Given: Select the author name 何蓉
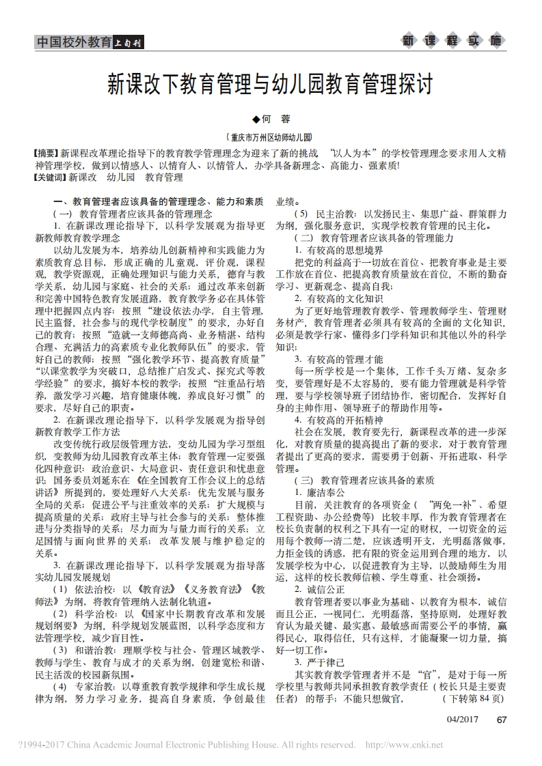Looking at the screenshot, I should coord(271,119).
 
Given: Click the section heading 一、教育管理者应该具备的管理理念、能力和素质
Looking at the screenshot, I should coord(159,202).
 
